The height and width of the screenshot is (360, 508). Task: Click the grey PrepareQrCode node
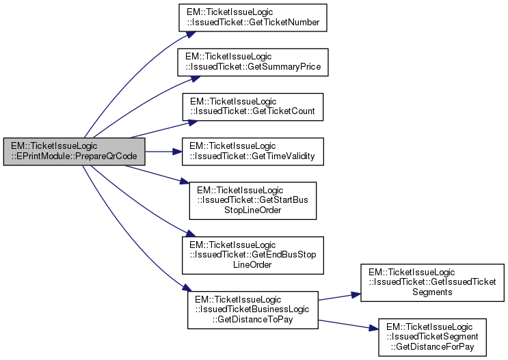75,151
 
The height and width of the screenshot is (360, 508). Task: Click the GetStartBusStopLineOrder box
252,200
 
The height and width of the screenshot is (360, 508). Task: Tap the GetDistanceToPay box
252,309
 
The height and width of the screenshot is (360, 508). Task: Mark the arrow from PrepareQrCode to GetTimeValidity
164,151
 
